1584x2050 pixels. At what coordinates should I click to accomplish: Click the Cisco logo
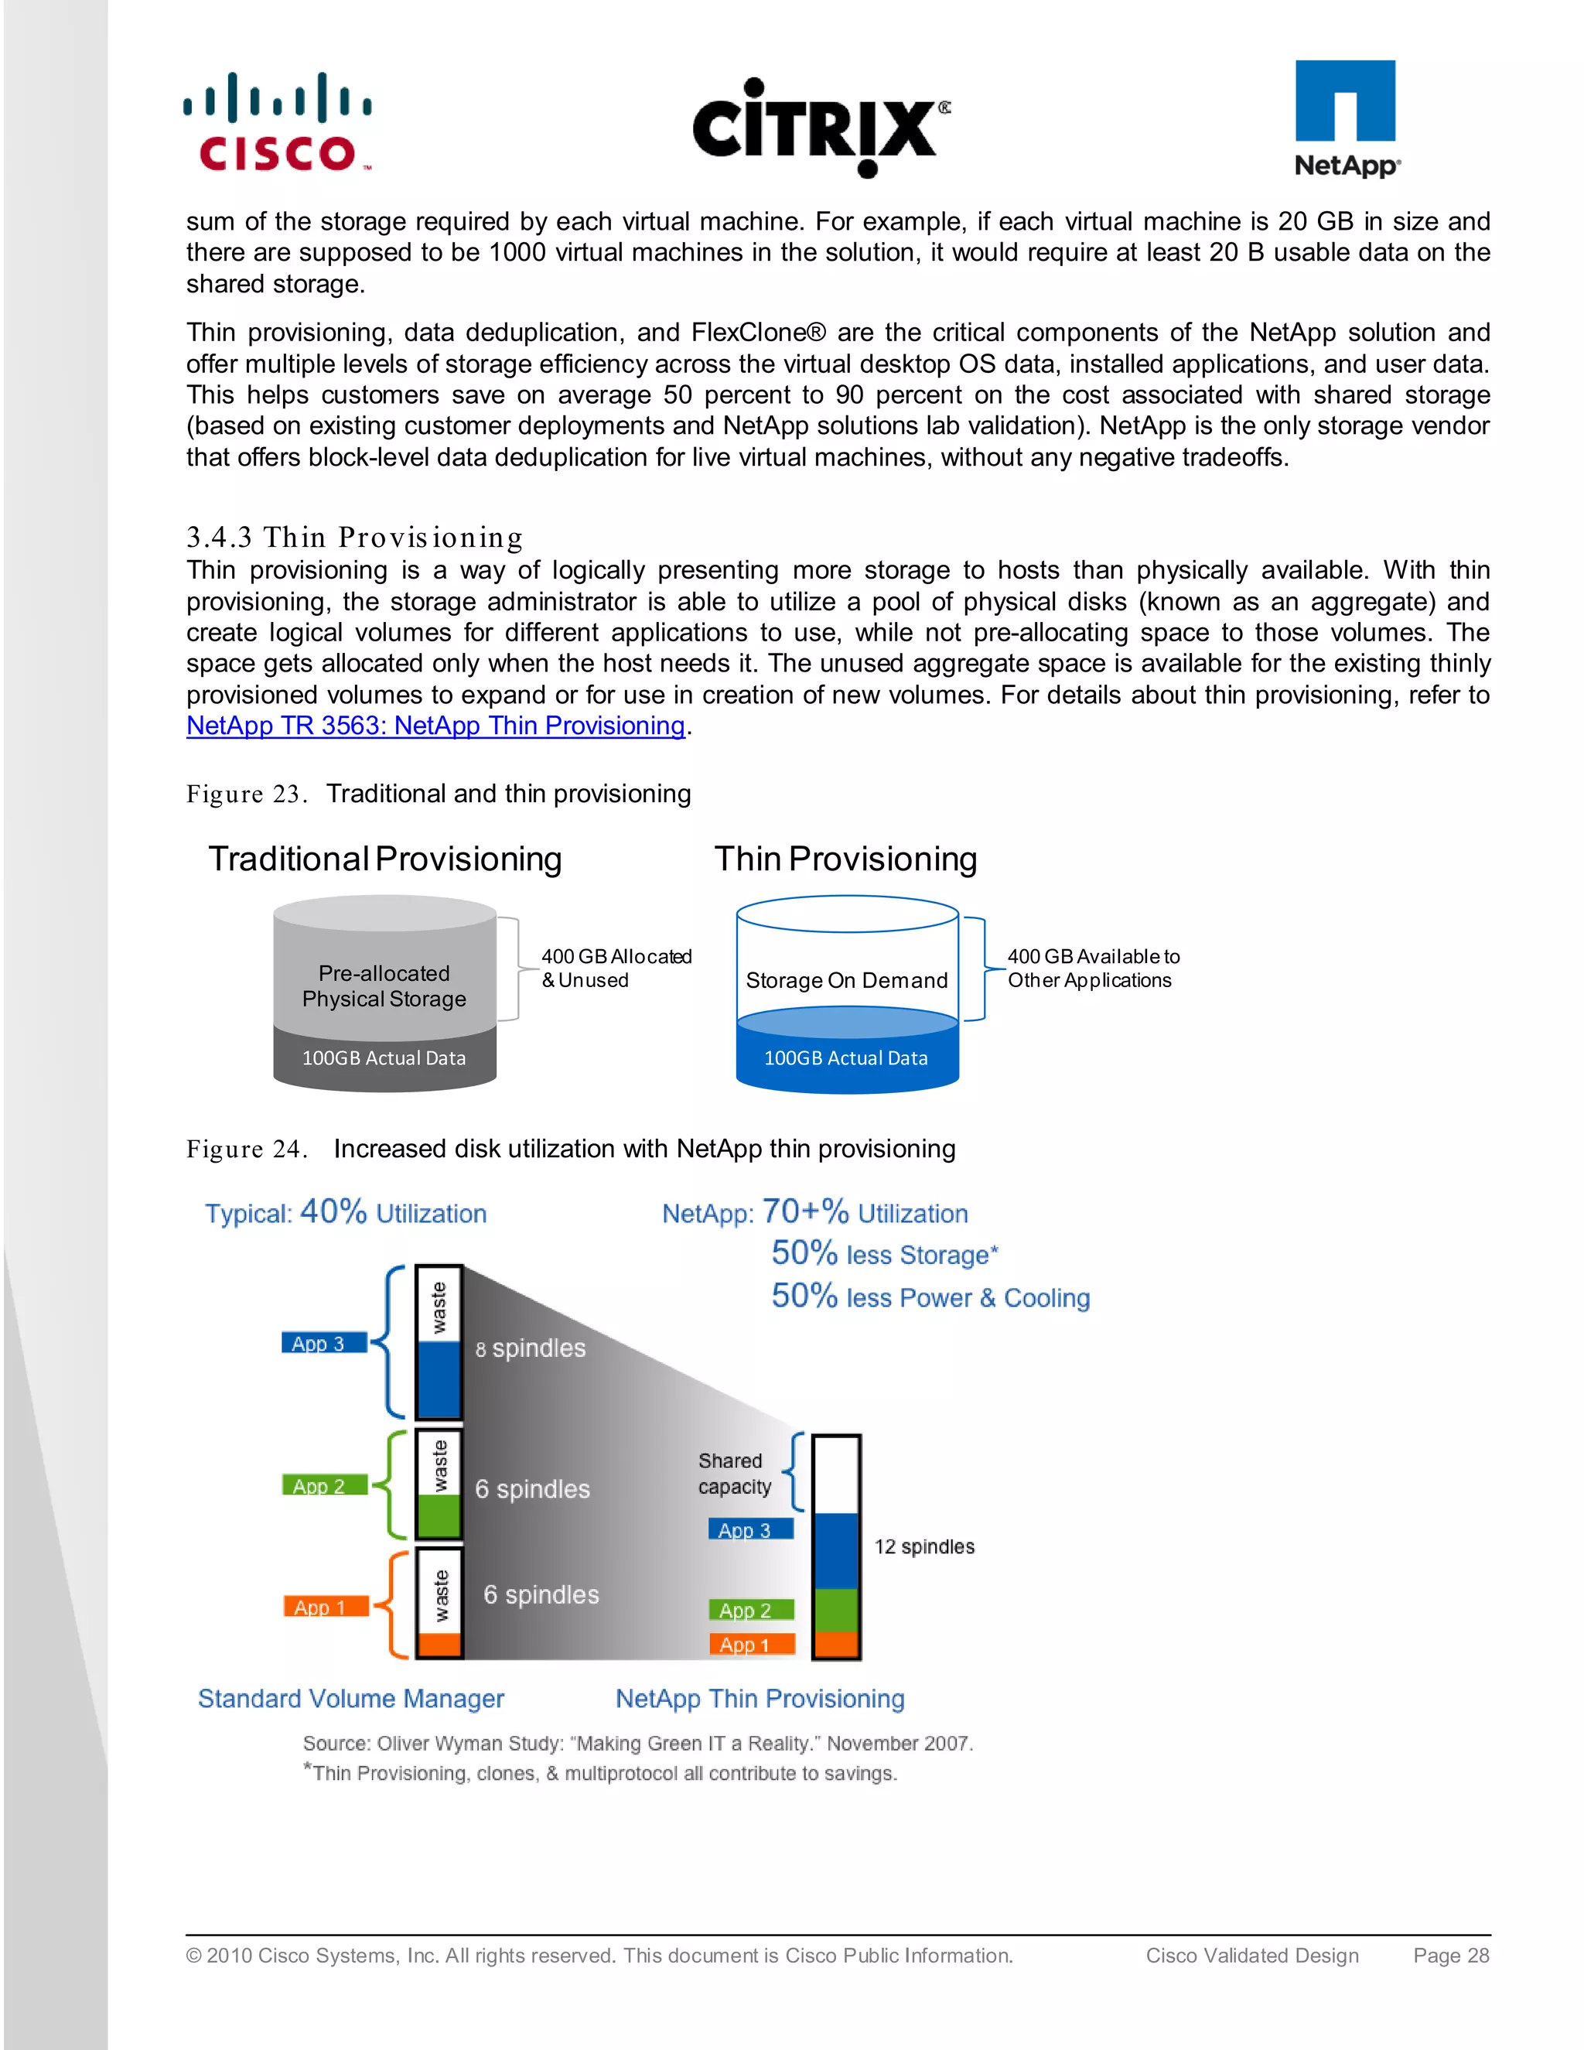pos(278,123)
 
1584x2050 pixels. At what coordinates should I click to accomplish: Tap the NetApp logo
pos(1346,119)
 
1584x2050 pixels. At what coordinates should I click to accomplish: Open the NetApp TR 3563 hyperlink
pos(435,726)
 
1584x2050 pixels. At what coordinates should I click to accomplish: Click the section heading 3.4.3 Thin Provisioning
pos(355,537)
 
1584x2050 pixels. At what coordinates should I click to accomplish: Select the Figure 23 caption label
pos(247,794)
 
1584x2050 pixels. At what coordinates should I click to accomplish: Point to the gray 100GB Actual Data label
pos(384,1057)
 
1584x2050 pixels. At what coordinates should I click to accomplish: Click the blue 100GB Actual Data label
pos(845,1057)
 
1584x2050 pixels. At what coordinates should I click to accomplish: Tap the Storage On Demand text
pos(846,980)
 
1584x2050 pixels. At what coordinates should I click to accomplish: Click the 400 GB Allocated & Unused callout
pos(616,968)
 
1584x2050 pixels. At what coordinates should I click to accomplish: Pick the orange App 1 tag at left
pos(321,1607)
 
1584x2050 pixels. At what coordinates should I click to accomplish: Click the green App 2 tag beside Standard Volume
pos(320,1486)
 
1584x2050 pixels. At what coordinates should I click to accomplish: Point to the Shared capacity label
pos(734,1474)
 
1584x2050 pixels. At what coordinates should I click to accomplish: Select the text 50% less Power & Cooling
pos(930,1297)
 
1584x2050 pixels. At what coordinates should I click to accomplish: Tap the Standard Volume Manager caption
pos(351,1699)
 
